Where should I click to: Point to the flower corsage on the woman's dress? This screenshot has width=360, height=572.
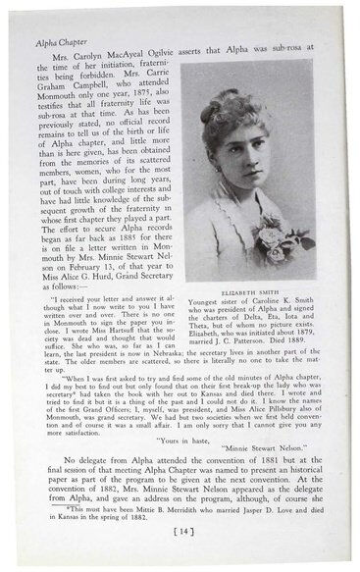[267, 236]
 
